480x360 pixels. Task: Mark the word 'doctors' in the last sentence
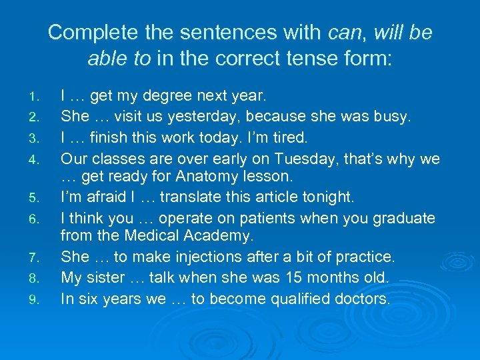click(x=361, y=299)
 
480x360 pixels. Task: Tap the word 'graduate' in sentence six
click(x=403, y=218)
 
